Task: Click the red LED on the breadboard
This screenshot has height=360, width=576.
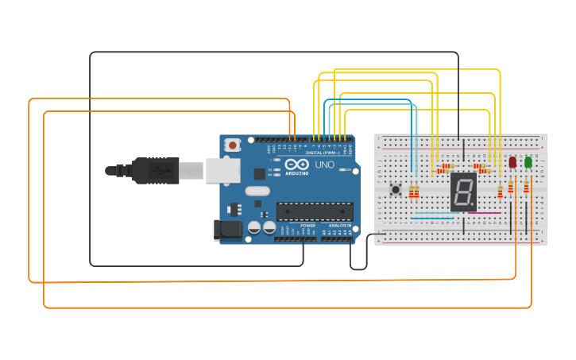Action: [x=512, y=162]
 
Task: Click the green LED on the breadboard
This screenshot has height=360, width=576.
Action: [x=528, y=162]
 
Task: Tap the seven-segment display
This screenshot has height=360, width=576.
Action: [x=463, y=192]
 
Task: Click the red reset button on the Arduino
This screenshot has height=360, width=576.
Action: [x=232, y=145]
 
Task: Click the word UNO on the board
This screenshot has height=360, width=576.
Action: [x=324, y=165]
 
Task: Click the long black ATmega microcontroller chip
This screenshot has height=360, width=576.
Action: [x=315, y=211]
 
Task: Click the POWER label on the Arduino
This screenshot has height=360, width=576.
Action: [x=307, y=226]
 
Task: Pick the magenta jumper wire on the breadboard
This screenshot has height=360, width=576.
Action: [x=485, y=213]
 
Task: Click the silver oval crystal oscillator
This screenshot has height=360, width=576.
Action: [x=257, y=191]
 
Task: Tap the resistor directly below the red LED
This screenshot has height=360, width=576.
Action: [x=510, y=187]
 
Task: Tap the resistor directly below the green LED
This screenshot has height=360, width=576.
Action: [x=526, y=187]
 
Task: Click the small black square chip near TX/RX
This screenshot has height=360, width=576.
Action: [x=259, y=173]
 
